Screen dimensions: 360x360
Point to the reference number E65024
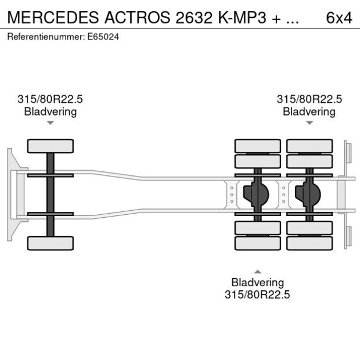coord(105,37)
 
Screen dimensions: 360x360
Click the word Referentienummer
coord(45,37)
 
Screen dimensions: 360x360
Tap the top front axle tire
coord(51,146)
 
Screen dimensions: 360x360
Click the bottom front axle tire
coord(51,243)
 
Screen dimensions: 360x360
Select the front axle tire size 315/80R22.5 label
coord(51,99)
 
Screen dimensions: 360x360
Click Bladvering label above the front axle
coord(51,111)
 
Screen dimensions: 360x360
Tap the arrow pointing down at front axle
coord(51,123)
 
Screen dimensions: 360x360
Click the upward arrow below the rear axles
coord(258,271)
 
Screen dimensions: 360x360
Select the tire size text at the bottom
coord(258,295)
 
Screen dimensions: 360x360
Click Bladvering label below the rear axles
coord(258,283)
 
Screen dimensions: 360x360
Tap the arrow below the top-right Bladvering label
coord(309,123)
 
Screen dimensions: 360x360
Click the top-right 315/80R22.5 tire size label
coord(309,99)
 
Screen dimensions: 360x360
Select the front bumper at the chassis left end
coord(11,195)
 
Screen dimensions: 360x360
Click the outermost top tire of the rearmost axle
coord(309,145)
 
